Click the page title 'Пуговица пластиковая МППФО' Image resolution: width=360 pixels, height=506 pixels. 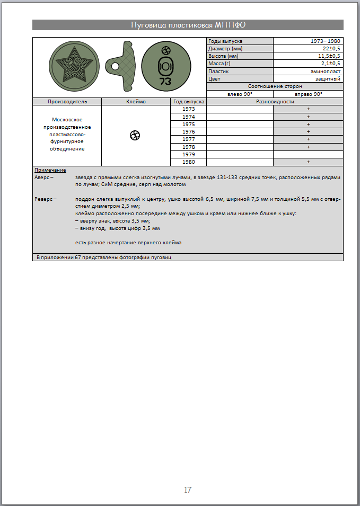[x=188, y=25]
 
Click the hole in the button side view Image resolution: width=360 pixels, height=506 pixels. [x=115, y=66]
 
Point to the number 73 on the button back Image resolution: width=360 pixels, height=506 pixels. [x=165, y=81]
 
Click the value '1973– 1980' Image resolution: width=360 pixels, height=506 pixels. [x=326, y=41]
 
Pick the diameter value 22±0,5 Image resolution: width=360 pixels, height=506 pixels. [x=331, y=48]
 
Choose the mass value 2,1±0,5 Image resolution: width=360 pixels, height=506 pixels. [x=330, y=63]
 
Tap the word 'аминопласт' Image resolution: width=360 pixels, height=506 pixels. [x=326, y=70]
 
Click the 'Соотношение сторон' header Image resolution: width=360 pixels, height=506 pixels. [x=275, y=86]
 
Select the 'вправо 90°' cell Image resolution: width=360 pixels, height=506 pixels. [x=308, y=94]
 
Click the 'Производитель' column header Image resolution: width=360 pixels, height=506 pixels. [x=67, y=101]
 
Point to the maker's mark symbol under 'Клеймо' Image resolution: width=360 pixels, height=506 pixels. [x=135, y=136]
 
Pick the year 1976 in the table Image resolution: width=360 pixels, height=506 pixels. [x=189, y=131]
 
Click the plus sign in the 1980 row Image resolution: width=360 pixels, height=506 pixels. [x=308, y=162]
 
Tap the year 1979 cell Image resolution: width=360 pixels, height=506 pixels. [x=189, y=154]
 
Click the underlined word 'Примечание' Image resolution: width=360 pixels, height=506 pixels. [x=50, y=170]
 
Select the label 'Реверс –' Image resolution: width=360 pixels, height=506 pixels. [x=45, y=199]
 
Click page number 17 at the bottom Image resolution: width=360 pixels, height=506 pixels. [x=187, y=490]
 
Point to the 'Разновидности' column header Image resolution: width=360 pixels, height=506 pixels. [x=275, y=101]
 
